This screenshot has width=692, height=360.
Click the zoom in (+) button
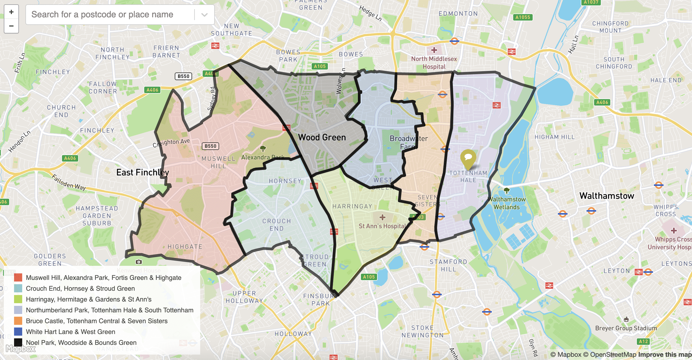(x=11, y=12)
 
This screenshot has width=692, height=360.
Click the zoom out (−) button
(x=11, y=26)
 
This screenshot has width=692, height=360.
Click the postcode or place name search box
(x=108, y=14)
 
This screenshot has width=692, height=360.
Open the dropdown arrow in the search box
(x=205, y=15)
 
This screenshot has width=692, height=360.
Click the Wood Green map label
(x=322, y=138)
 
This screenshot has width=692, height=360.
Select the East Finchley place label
(x=143, y=172)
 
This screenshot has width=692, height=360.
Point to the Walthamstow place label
(x=607, y=196)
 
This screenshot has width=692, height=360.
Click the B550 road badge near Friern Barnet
(x=183, y=76)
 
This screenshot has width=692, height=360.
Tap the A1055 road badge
(x=523, y=17)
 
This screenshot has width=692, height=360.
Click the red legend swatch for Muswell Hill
(x=18, y=278)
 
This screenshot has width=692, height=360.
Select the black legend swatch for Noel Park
(x=18, y=343)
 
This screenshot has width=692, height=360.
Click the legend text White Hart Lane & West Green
(x=71, y=332)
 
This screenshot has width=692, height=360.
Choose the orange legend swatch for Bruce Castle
(x=18, y=321)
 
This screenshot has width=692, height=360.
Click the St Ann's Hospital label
(x=382, y=226)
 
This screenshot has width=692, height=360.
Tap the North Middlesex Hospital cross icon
(x=434, y=50)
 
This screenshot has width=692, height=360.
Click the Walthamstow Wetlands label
(x=507, y=203)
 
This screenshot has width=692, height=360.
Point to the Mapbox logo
(x=21, y=349)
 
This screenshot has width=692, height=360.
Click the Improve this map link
(x=665, y=355)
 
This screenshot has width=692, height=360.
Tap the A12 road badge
(x=643, y=341)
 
